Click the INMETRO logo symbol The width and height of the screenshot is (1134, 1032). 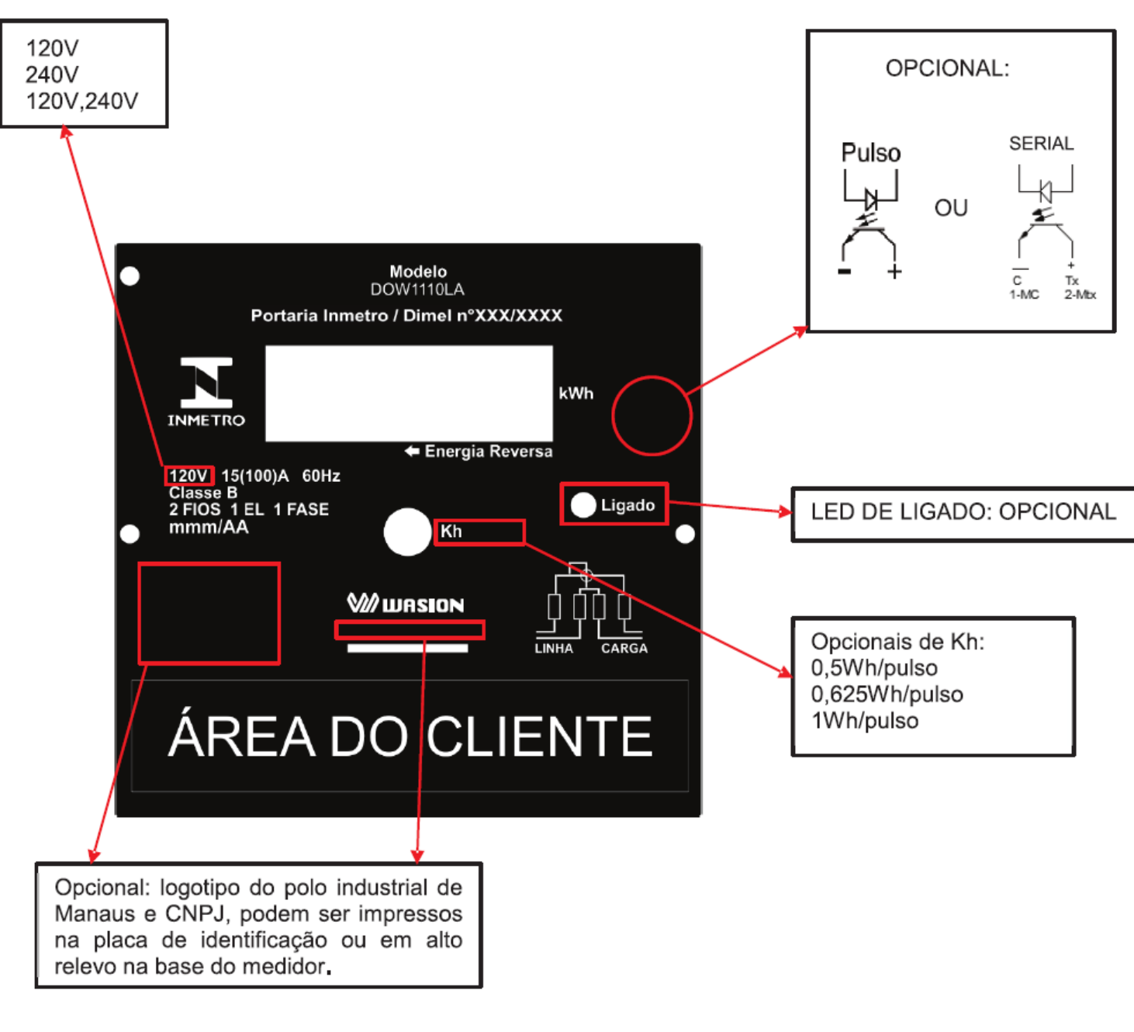click(206, 383)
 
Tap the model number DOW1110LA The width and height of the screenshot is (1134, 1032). click(417, 289)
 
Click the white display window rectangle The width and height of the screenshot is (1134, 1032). click(409, 393)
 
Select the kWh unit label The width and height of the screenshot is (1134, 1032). click(576, 393)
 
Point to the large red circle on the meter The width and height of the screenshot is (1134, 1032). click(614, 416)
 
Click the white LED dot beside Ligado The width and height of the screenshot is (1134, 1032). click(583, 504)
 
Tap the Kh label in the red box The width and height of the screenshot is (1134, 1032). click(451, 532)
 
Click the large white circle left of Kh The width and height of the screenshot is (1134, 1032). click(407, 532)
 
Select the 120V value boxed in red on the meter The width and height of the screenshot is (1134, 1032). click(188, 476)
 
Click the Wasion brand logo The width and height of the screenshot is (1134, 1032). click(406, 604)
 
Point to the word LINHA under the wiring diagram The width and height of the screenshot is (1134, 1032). click(554, 649)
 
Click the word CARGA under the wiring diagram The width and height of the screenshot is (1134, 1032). click(624, 649)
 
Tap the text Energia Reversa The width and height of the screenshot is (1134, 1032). click(489, 451)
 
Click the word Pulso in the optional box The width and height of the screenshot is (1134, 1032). click(870, 153)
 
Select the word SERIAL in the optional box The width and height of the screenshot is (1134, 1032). click(1041, 144)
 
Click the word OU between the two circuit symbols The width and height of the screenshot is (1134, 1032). click(951, 208)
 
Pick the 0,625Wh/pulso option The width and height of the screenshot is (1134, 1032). click(887, 694)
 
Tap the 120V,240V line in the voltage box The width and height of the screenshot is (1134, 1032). click(82, 102)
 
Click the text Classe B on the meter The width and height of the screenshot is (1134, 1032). click(203, 493)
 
